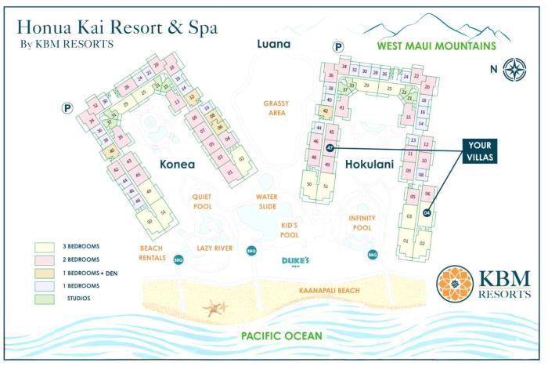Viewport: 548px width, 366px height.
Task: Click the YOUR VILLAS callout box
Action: (x=478, y=150)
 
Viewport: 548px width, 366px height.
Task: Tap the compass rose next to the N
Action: (x=514, y=68)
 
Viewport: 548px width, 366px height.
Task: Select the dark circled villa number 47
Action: (x=330, y=147)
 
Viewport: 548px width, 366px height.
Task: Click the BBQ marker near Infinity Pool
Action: (x=373, y=254)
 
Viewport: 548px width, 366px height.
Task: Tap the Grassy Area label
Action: (x=276, y=107)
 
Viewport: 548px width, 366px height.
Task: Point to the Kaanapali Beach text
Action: (x=329, y=291)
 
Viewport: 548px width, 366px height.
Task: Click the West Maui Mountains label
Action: (x=436, y=46)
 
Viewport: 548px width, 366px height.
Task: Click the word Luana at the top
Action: (x=274, y=44)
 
